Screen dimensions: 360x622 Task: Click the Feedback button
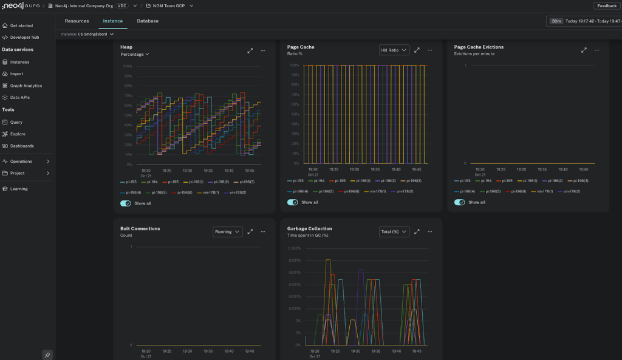click(x=607, y=5)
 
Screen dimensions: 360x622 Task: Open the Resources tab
click(x=77, y=21)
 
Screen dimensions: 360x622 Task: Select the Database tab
click(x=148, y=21)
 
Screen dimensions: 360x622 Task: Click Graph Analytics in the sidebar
click(x=26, y=86)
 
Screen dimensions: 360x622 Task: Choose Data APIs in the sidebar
click(x=20, y=97)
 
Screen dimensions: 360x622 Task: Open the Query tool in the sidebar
click(x=16, y=122)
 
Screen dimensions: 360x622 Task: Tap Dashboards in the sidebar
click(x=22, y=146)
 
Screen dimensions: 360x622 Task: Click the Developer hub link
click(x=24, y=37)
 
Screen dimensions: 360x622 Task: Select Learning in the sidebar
click(x=19, y=189)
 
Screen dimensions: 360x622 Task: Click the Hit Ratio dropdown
click(x=394, y=50)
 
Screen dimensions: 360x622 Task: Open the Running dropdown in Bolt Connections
click(x=227, y=231)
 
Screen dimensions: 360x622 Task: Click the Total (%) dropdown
click(x=394, y=231)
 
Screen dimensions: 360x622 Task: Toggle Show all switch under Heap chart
click(x=126, y=203)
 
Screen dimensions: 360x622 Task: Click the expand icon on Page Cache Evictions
click(x=584, y=50)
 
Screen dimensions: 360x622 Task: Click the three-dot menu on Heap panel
click(x=263, y=50)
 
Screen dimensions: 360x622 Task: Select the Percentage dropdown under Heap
click(x=135, y=54)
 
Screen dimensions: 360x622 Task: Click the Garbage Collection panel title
click(x=309, y=228)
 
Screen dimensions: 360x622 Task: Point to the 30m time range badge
click(x=556, y=21)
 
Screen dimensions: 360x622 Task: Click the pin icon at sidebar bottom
click(x=47, y=355)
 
